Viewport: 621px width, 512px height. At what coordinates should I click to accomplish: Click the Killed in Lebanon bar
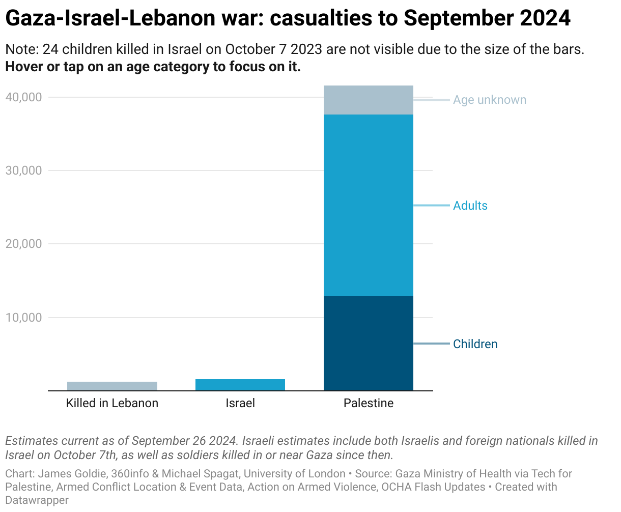112,386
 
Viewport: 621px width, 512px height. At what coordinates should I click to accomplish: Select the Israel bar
240,385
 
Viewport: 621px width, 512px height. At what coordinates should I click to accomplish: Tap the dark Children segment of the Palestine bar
369,344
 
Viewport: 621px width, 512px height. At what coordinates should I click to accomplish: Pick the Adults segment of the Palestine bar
369,205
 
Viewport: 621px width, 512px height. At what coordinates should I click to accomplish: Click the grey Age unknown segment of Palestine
369,100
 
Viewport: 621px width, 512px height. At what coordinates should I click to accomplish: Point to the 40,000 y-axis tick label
23,97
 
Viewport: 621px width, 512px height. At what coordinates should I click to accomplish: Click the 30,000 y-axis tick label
23,170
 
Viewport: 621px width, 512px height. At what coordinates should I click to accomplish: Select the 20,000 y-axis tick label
23,244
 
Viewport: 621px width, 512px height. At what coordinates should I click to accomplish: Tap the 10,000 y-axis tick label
23,318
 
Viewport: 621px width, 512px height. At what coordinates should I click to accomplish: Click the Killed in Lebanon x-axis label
112,403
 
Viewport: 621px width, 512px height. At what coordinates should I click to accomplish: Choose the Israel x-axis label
240,403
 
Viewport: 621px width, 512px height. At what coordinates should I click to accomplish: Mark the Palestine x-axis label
369,403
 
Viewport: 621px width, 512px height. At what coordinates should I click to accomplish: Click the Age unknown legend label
490,100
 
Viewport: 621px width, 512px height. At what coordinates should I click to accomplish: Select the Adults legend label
470,206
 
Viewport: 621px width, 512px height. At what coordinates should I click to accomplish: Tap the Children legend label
475,344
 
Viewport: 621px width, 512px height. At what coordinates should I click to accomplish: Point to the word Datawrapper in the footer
37,500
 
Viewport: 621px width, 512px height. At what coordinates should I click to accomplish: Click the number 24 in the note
49,49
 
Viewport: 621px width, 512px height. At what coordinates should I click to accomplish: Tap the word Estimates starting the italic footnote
31,441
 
